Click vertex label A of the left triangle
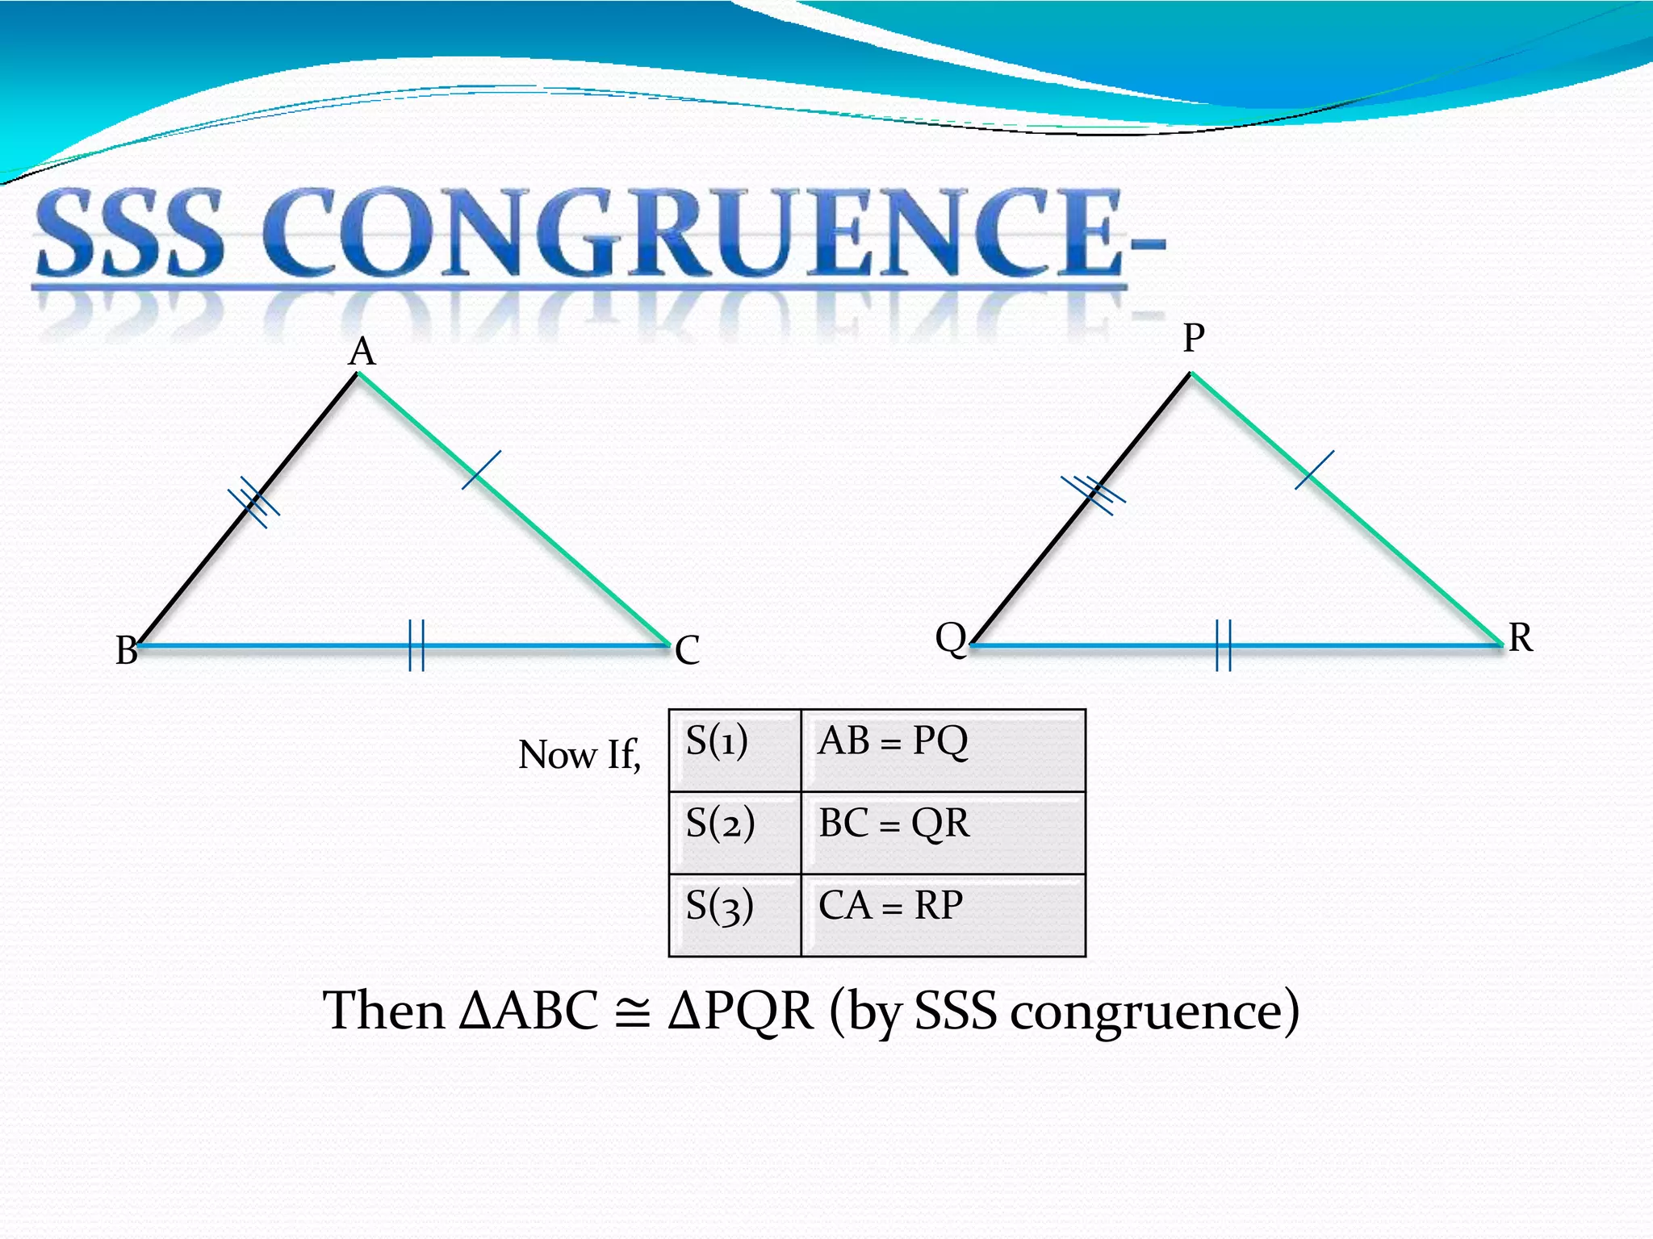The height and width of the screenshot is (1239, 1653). pyautogui.click(x=362, y=352)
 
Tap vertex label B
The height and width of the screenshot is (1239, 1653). pyautogui.click(x=127, y=650)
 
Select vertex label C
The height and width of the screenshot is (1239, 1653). pyautogui.click(x=688, y=650)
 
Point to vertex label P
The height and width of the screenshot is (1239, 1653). pyautogui.click(x=1194, y=338)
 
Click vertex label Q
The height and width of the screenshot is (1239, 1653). pyautogui.click(x=951, y=639)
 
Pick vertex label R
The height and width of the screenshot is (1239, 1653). pyautogui.click(x=1521, y=638)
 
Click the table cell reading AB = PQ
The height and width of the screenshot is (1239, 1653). pyautogui.click(x=943, y=750)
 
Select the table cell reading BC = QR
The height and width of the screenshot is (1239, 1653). pyautogui.click(x=943, y=832)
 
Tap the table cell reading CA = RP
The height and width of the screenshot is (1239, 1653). pyautogui.click(x=943, y=915)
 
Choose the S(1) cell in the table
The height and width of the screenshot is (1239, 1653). pyautogui.click(x=734, y=750)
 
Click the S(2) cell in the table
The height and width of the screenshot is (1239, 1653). pyautogui.click(x=734, y=832)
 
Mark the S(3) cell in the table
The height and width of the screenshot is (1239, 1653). pyautogui.click(x=734, y=915)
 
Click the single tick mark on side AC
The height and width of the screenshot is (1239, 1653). pyautogui.click(x=481, y=469)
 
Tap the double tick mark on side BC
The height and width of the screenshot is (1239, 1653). pyautogui.click(x=416, y=645)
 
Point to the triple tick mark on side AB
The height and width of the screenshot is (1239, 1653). pyautogui.click(x=253, y=502)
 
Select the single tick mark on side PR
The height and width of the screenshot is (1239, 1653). pyautogui.click(x=1314, y=469)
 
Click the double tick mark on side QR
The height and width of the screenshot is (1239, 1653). pyautogui.click(x=1224, y=645)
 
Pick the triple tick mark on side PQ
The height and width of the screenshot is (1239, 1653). pyautogui.click(x=1094, y=494)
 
